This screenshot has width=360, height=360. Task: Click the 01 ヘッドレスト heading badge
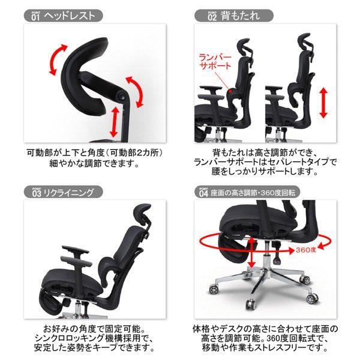click(x=63, y=16)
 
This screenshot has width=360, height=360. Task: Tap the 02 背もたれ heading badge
click(x=234, y=16)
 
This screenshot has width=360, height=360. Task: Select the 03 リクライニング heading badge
click(x=63, y=192)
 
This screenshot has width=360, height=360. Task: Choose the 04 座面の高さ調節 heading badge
click(x=247, y=192)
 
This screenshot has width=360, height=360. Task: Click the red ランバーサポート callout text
click(x=215, y=62)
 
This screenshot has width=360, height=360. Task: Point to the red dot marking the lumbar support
click(x=231, y=92)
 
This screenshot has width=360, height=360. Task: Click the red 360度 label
click(x=306, y=250)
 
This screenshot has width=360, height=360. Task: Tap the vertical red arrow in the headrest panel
click(x=114, y=122)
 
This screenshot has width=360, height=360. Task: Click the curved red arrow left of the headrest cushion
click(x=58, y=59)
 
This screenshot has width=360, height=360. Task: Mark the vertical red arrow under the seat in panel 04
click(x=252, y=253)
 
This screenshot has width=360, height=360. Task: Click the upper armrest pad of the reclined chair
click(x=76, y=250)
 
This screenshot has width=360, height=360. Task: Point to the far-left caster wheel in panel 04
click(x=214, y=289)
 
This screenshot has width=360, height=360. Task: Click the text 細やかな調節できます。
click(x=94, y=163)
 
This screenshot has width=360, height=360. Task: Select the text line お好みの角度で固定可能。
click(x=94, y=329)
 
